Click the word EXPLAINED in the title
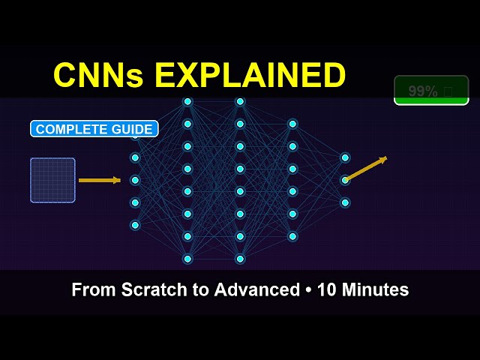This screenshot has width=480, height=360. pyautogui.click(x=250, y=75)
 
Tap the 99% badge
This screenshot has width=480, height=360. pyautogui.click(x=430, y=91)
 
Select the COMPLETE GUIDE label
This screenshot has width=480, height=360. pyautogui.click(x=94, y=129)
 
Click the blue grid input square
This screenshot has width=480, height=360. pyautogui.click(x=52, y=180)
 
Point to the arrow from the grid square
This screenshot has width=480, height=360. pyautogui.click(x=99, y=180)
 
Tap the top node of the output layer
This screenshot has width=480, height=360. pyautogui.click(x=345, y=157)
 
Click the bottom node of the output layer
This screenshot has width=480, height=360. pyautogui.click(x=345, y=202)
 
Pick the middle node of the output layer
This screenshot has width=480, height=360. pyautogui.click(x=345, y=180)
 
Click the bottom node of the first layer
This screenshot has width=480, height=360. pyautogui.click(x=135, y=225)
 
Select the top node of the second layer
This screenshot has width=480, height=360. pyautogui.click(x=187, y=101)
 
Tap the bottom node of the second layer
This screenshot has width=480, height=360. pyautogui.click(x=187, y=259)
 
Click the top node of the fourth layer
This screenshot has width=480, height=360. pyautogui.click(x=292, y=124)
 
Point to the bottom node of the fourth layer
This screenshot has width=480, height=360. pyautogui.click(x=292, y=236)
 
